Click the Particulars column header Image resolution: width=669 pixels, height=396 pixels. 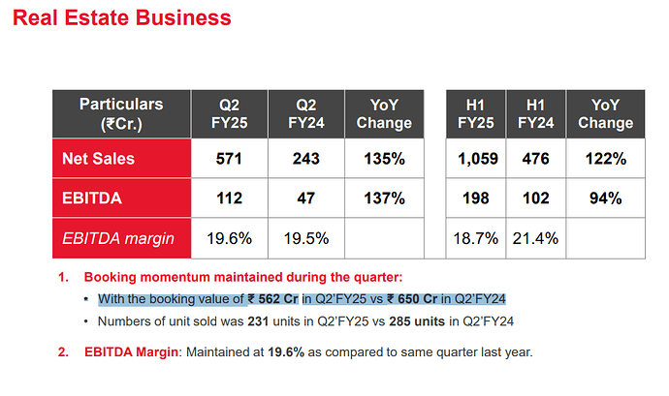[120, 113]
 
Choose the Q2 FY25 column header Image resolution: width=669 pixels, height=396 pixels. [229, 113]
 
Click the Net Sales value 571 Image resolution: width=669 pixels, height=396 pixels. [229, 159]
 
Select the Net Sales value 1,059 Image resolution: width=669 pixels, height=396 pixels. [474, 159]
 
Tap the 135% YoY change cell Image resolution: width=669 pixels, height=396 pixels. [384, 159]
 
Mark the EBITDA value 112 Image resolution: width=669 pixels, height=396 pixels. [229, 198]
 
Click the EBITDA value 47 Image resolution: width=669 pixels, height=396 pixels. [307, 198]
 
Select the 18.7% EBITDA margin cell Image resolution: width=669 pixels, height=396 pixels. [474, 237]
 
